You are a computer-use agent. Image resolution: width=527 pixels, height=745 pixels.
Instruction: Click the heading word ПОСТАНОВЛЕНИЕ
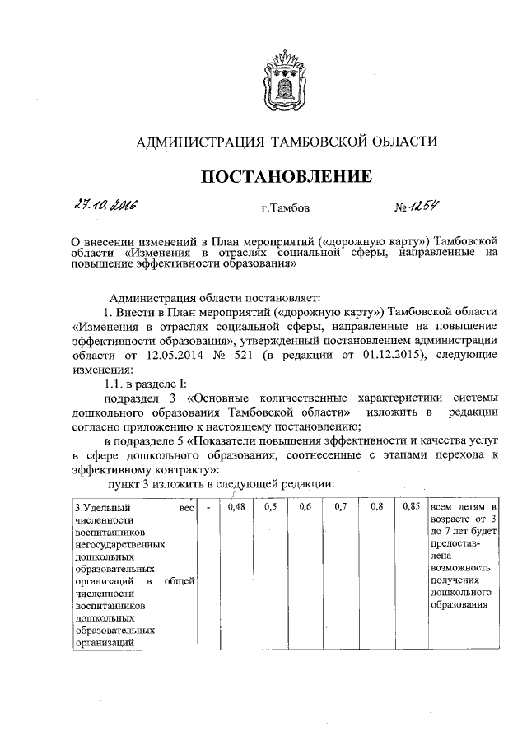point(284,176)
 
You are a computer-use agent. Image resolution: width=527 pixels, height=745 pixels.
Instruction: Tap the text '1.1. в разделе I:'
point(138,384)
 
